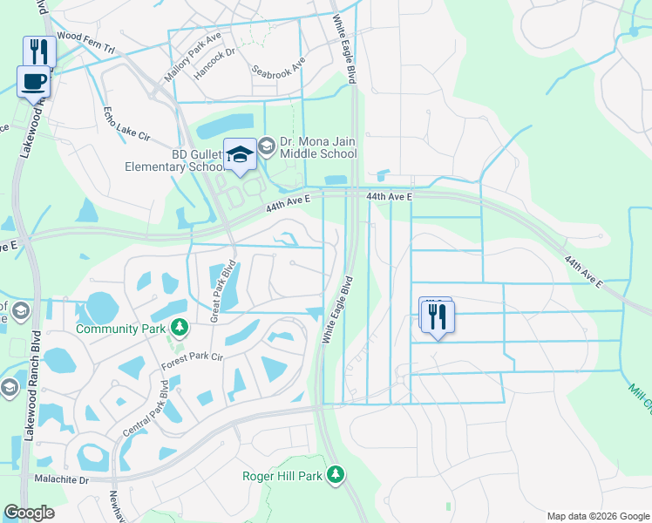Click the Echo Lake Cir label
coord(127,125)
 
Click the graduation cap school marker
coord(240,155)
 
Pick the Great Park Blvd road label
coord(221,293)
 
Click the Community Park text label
coord(121,329)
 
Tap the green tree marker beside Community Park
coord(179,328)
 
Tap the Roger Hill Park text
coord(282,476)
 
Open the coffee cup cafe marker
coord(34,83)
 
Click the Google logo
coord(29,513)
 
